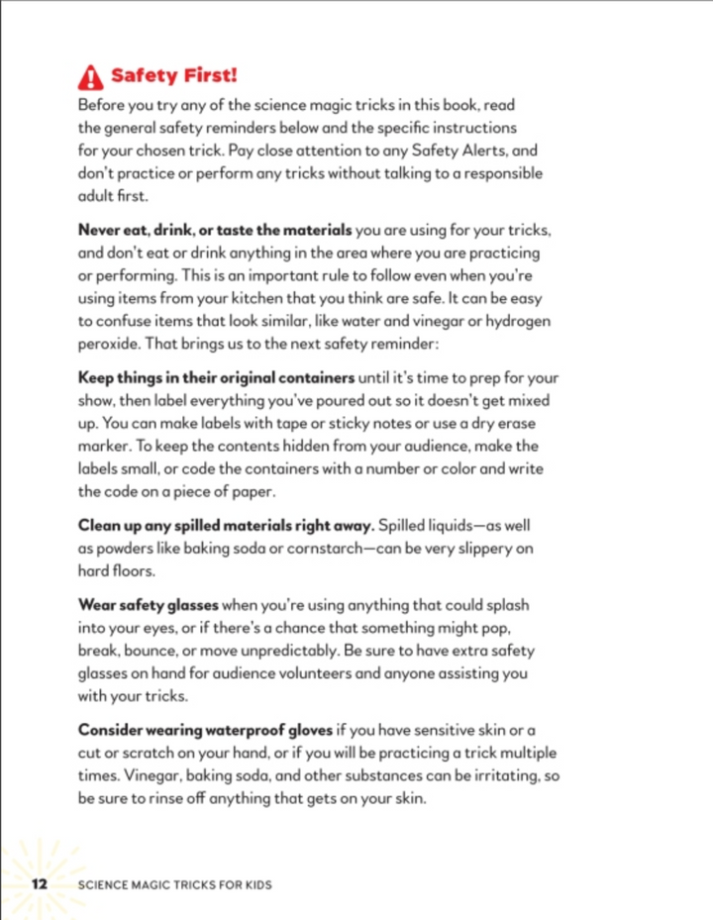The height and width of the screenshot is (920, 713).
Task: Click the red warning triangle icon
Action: pyautogui.click(x=91, y=76)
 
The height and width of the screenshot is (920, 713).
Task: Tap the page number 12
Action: pyautogui.click(x=40, y=883)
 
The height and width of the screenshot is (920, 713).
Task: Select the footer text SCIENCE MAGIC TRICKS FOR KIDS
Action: pyautogui.click(x=175, y=883)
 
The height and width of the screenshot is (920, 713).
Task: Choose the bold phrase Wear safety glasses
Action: pyautogui.click(x=148, y=603)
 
